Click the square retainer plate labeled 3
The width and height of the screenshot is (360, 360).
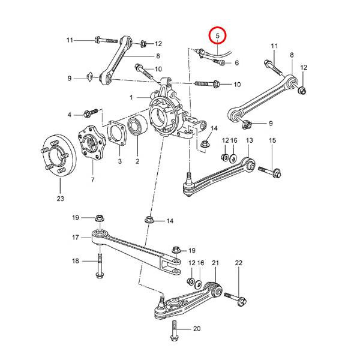tap(116, 137)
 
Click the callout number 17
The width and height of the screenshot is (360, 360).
tap(76, 238)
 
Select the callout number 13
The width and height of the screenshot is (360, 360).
tap(250, 140)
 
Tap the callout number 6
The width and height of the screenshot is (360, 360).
tap(237, 63)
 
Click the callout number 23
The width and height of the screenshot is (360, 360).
tap(59, 198)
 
